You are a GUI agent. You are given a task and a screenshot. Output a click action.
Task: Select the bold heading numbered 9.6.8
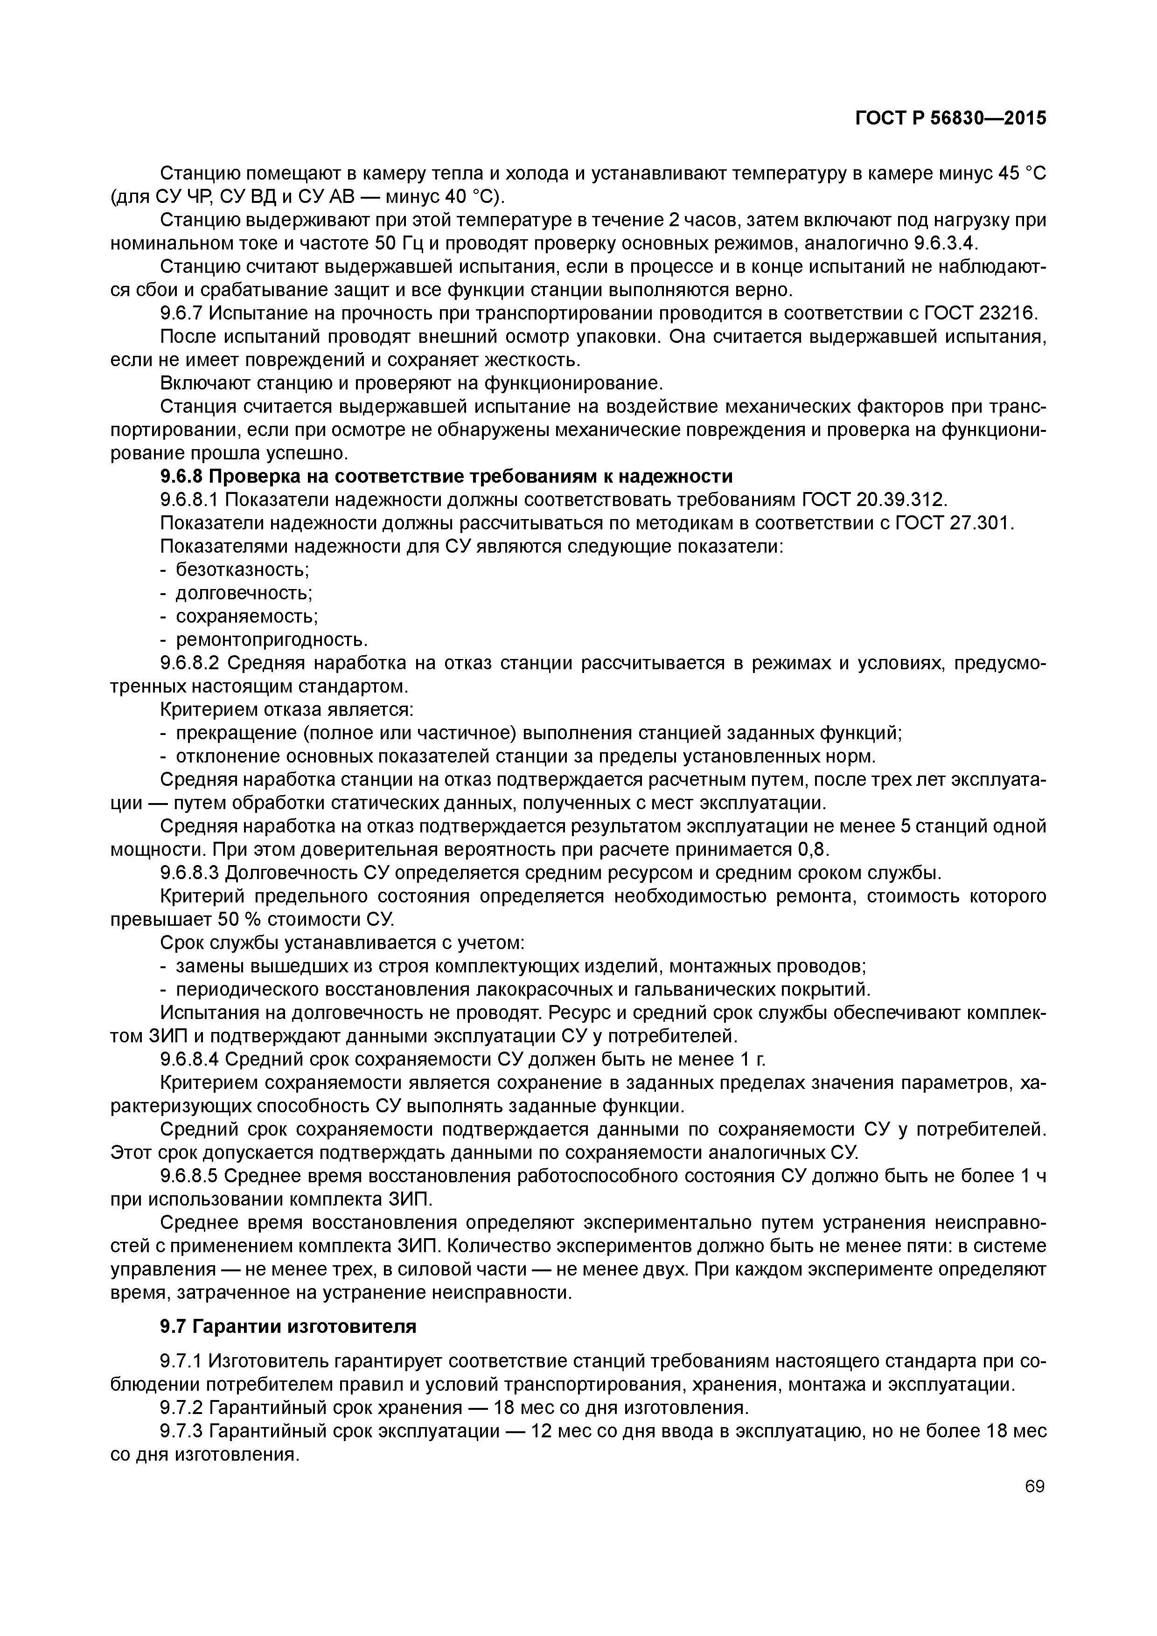tap(446, 477)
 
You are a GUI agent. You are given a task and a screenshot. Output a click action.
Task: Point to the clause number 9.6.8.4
tap(193, 1060)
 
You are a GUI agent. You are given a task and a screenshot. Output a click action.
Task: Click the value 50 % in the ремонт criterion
tap(232, 920)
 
